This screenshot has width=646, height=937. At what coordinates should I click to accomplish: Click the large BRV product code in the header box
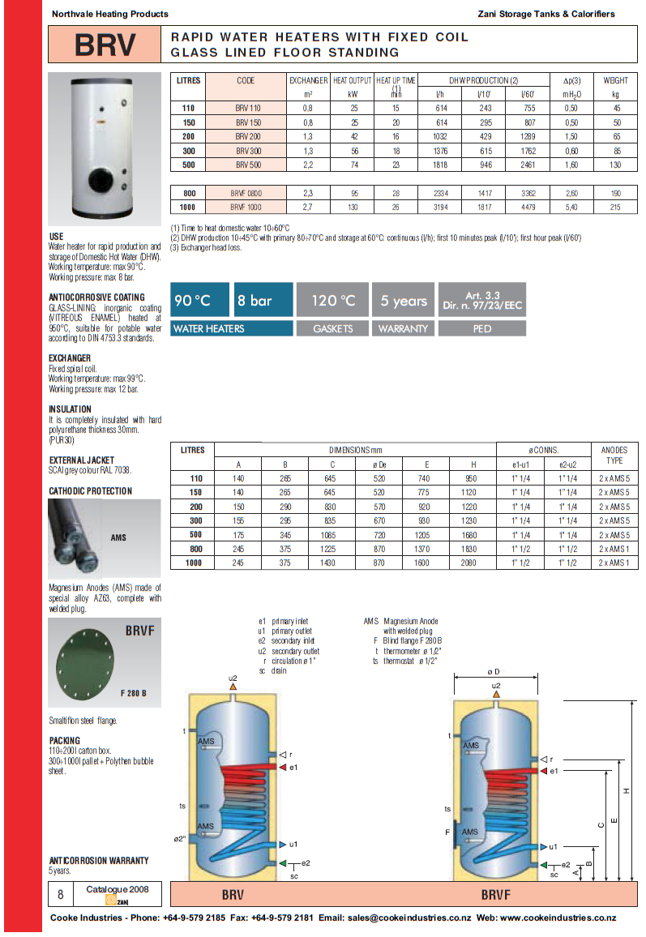[105, 45]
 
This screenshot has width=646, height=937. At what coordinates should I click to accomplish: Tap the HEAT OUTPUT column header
[352, 80]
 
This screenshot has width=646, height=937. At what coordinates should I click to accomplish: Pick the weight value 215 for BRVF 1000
[614, 208]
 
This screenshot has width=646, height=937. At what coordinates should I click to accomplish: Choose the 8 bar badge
[263, 301]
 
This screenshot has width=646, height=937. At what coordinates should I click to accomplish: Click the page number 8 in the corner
[60, 895]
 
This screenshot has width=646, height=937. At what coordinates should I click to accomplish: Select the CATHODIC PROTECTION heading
[90, 491]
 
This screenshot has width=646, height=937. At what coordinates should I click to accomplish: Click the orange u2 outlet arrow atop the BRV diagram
[233, 687]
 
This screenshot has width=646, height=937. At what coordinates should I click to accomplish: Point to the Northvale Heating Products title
[109, 14]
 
